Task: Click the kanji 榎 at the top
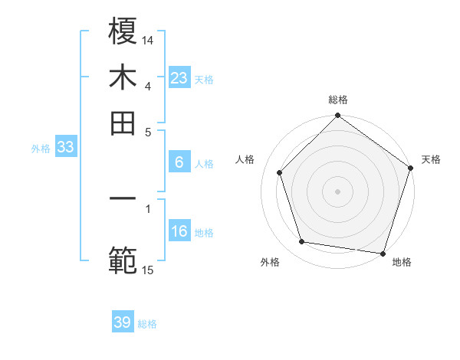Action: [x=123, y=31]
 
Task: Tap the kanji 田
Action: [x=123, y=122]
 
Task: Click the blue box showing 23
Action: [x=179, y=77]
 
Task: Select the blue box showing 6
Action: [x=179, y=162]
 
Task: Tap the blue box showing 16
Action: [x=179, y=231]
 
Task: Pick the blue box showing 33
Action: [x=65, y=148]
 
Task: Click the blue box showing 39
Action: [x=123, y=322]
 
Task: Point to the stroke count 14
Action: [x=149, y=39]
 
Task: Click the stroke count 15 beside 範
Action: [x=148, y=269]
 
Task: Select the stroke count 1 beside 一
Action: [x=148, y=207]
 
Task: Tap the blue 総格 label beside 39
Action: [x=148, y=324]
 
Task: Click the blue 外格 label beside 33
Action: [x=41, y=149]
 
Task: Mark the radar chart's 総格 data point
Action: [x=337, y=116]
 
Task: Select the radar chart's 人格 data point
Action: [x=280, y=172]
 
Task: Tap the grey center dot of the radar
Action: [x=337, y=191]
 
